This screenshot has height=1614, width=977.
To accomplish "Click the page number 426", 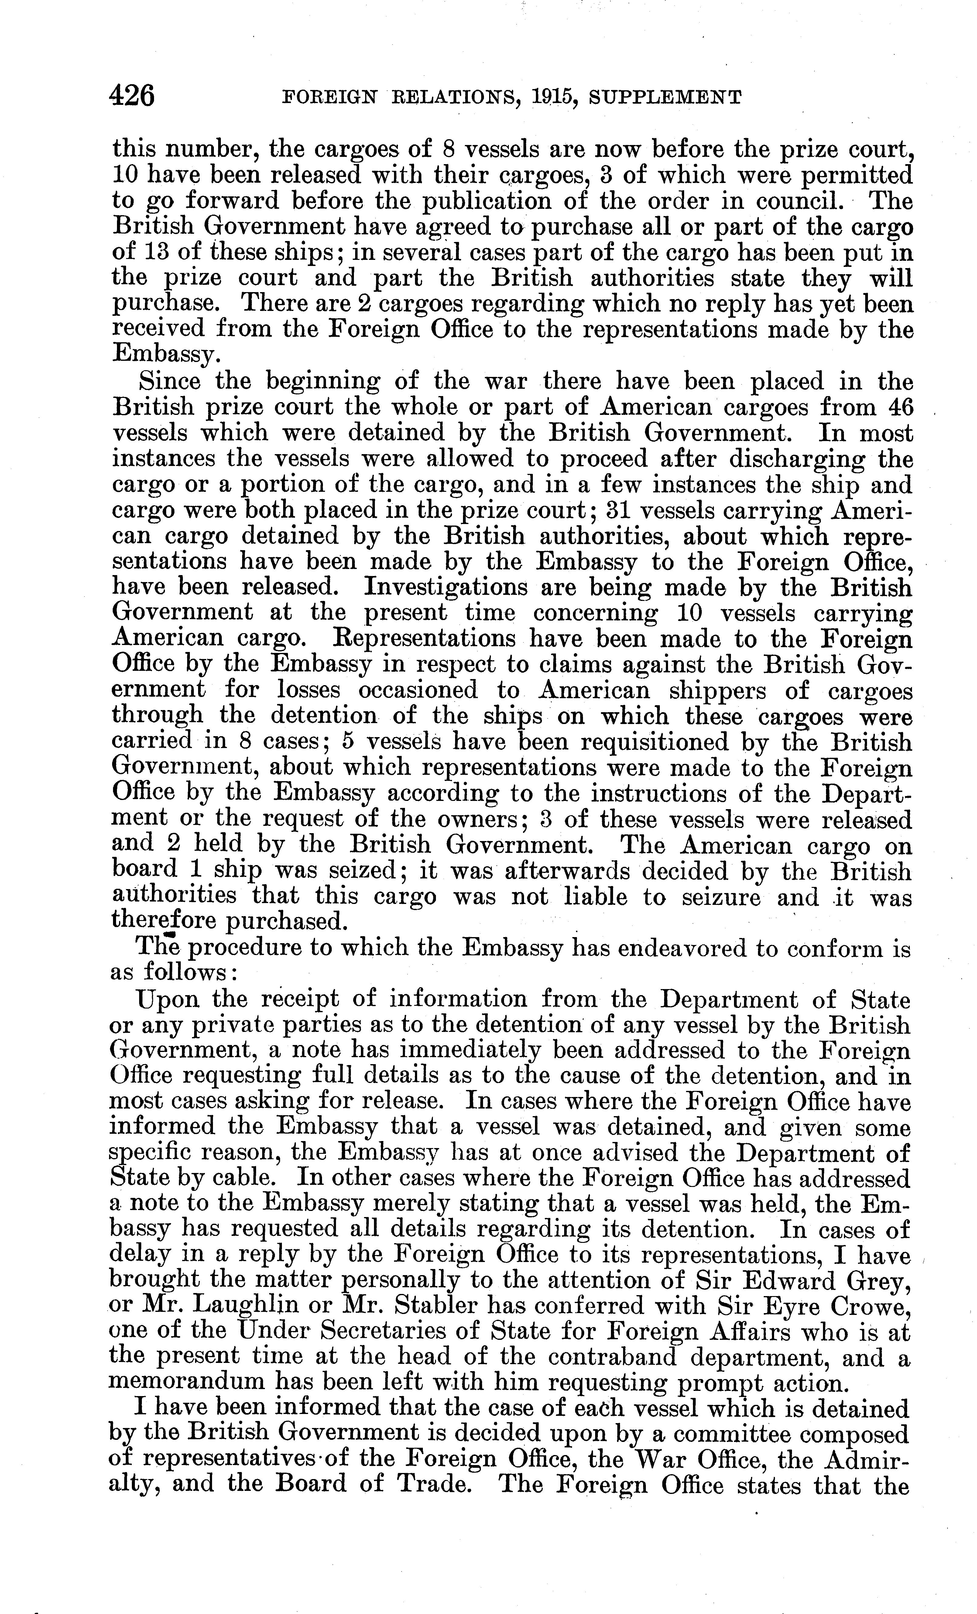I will pyautogui.click(x=133, y=96).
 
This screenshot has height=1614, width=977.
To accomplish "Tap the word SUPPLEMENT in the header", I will pyautogui.click(x=665, y=98).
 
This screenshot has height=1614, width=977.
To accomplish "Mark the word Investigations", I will pyautogui.click(x=445, y=587).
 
